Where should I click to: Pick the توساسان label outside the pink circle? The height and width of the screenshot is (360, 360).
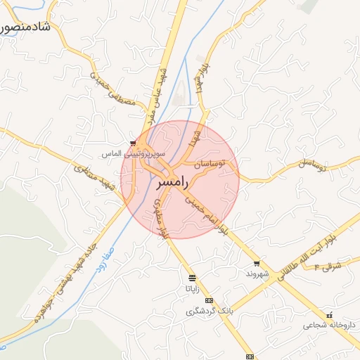point(313,165)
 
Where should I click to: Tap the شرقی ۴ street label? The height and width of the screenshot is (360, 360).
point(328,266)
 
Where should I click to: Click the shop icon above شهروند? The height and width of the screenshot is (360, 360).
point(257,263)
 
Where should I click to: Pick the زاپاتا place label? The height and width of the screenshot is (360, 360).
point(193,288)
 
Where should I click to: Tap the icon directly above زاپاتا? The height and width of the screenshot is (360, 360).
point(193,278)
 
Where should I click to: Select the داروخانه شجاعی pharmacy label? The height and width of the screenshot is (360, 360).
point(330,325)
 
